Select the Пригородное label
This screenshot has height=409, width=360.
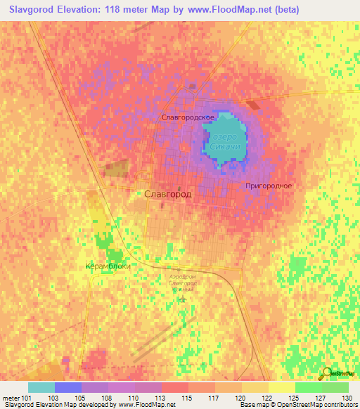click(269, 186)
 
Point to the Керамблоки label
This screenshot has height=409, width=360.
click(108, 266)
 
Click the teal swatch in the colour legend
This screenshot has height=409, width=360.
click(41, 387)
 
